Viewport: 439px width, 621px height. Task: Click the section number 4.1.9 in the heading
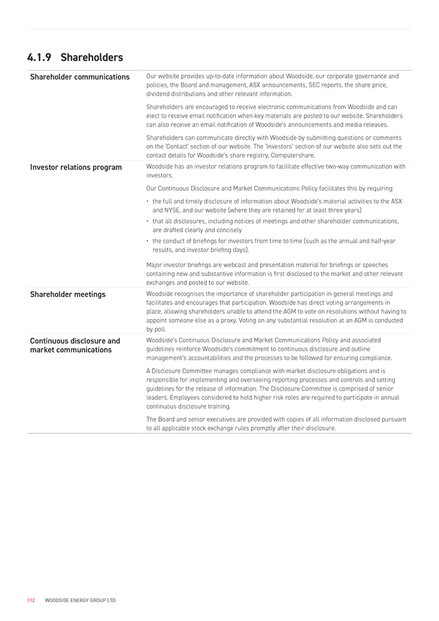tap(39, 58)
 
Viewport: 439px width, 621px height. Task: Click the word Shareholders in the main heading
tap(91, 58)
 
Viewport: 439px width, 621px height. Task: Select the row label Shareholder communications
tap(80, 77)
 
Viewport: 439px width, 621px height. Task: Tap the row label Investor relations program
tap(76, 168)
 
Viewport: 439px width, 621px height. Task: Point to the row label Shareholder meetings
tap(67, 294)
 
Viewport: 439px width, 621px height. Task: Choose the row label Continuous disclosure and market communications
tap(75, 345)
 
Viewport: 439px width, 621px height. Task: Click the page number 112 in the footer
tap(31, 600)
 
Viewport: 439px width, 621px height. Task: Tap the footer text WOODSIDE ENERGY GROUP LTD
tap(80, 600)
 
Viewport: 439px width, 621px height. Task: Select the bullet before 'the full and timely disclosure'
tap(148, 202)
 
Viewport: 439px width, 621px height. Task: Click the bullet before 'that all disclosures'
tap(148, 221)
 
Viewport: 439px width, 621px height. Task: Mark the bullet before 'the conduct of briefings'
tap(148, 241)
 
